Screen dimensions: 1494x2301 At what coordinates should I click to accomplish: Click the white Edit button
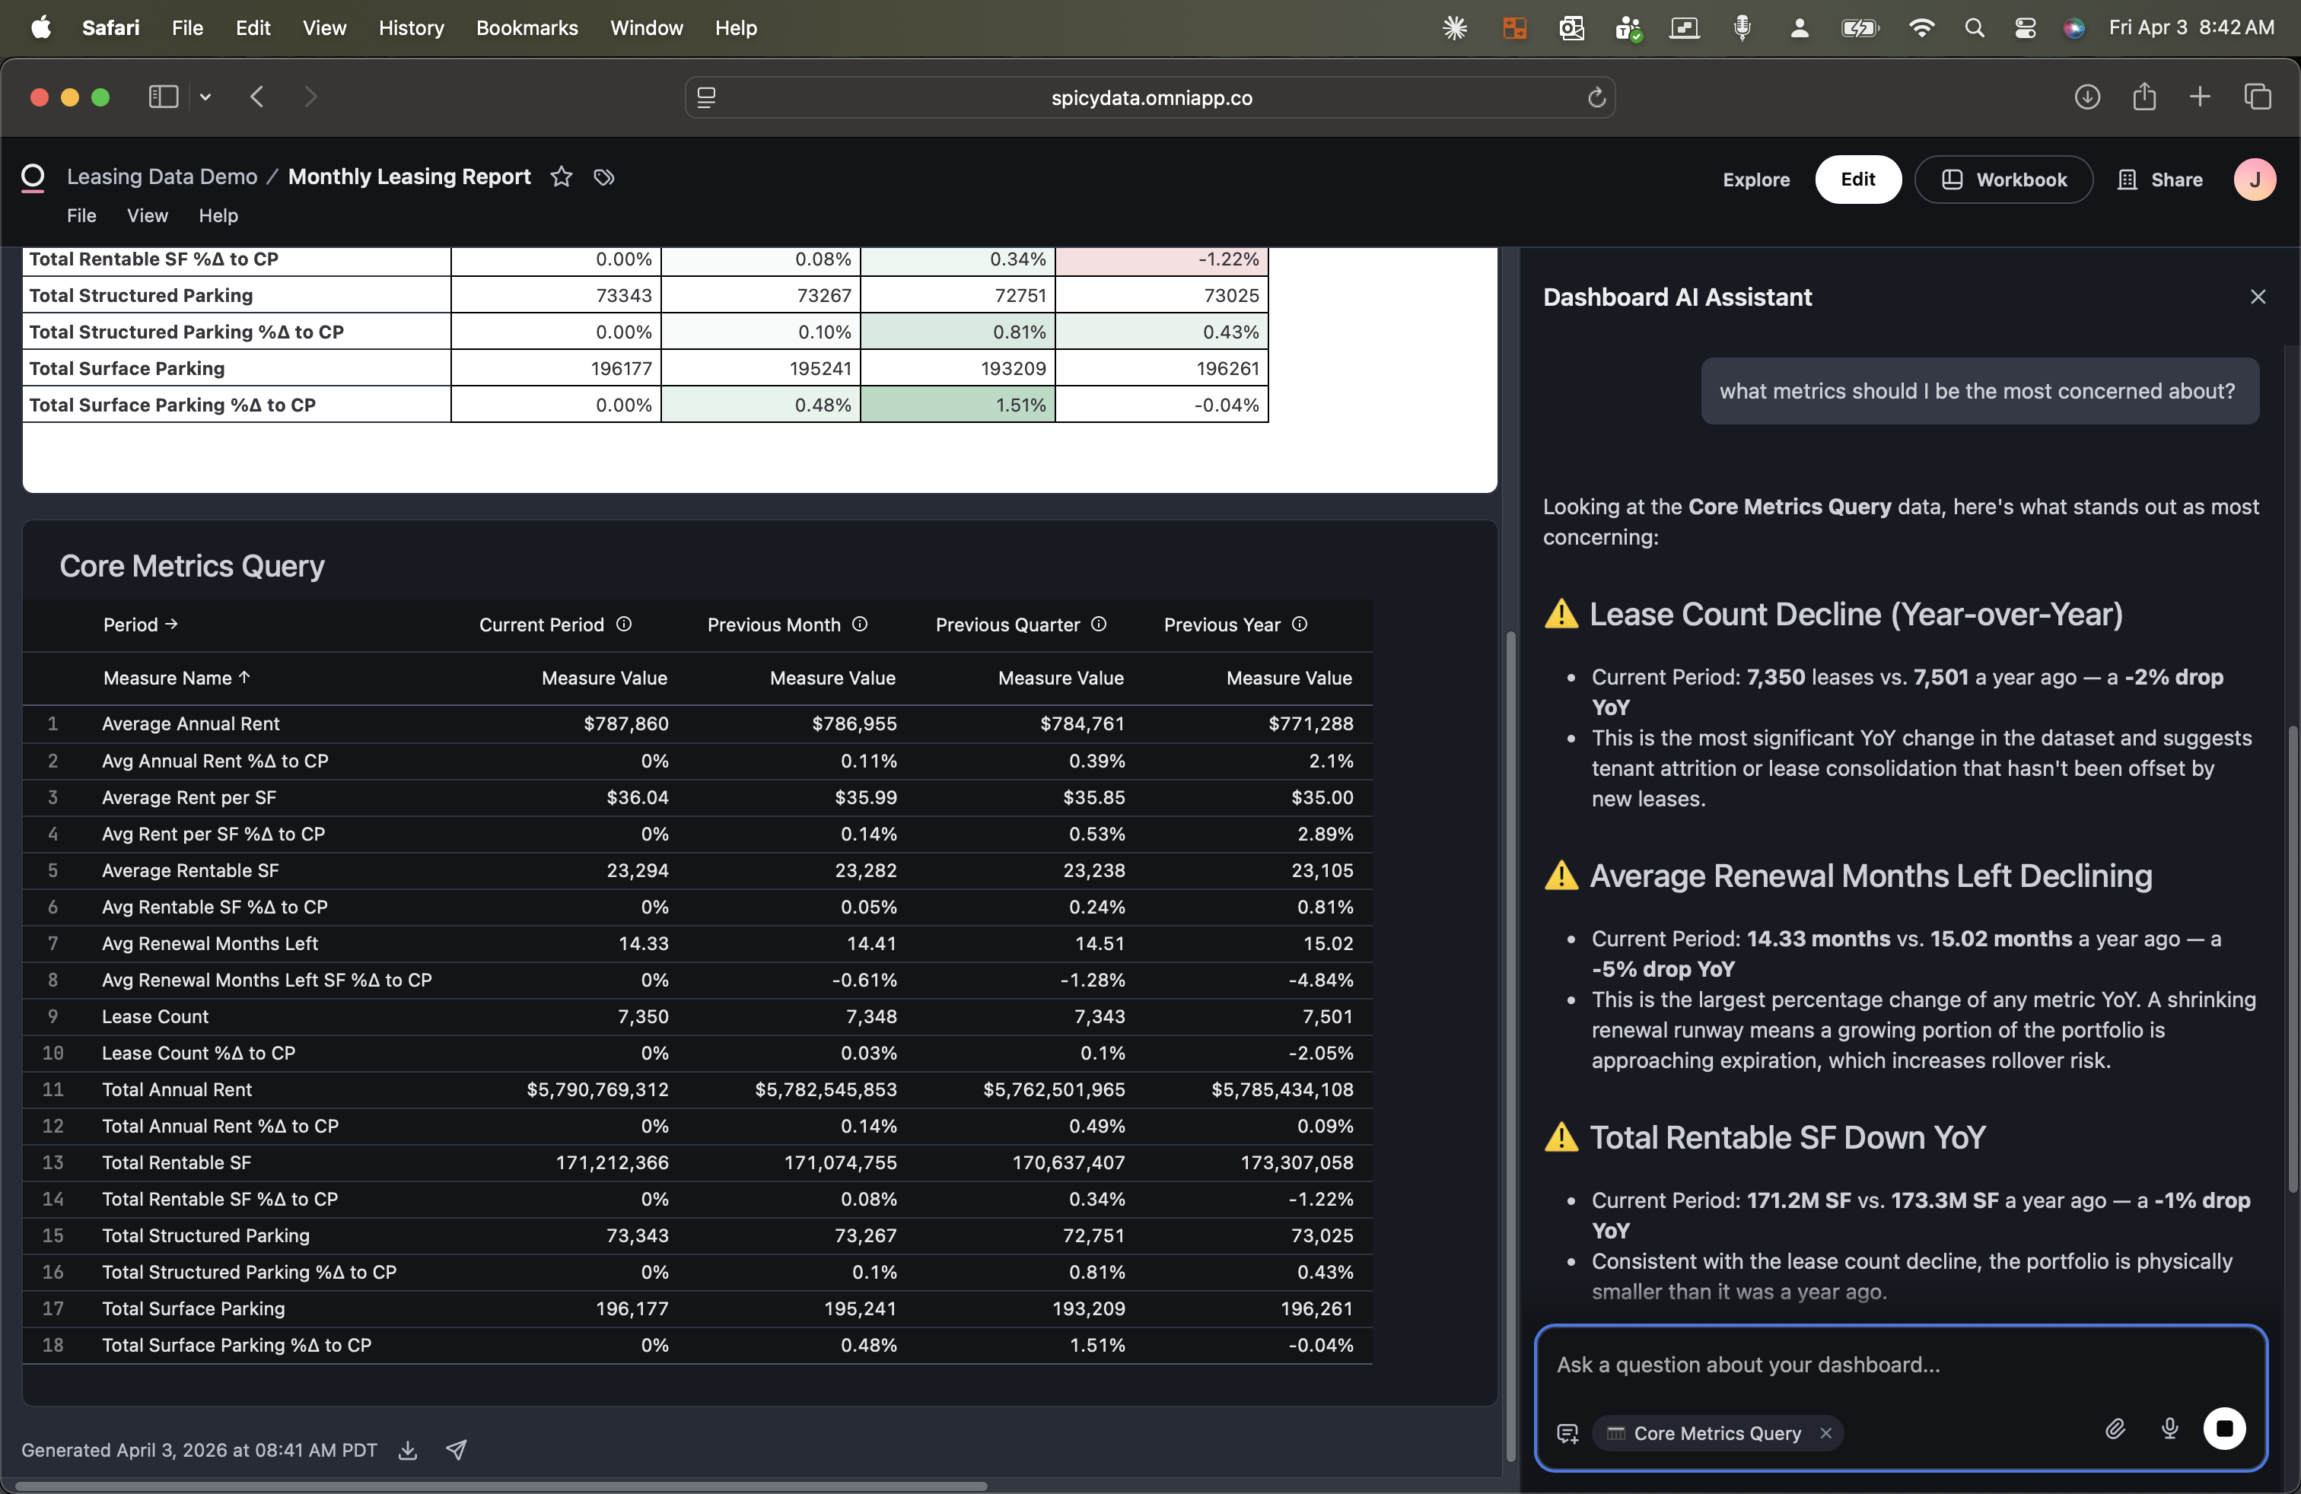point(1857,179)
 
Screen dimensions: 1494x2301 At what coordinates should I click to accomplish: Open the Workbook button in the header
point(2003,180)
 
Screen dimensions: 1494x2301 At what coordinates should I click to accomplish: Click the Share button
point(2161,180)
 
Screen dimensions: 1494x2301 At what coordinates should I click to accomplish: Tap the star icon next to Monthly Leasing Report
point(561,176)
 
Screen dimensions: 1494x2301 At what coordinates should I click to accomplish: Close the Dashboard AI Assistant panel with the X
point(2258,297)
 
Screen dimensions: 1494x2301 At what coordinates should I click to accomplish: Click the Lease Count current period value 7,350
point(643,1016)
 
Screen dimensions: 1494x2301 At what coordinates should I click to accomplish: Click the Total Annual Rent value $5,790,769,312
point(597,1089)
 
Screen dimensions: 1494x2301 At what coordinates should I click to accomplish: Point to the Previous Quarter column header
point(1007,625)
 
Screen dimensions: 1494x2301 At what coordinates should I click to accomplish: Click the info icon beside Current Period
point(624,625)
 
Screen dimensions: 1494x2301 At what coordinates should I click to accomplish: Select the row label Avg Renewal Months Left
point(210,943)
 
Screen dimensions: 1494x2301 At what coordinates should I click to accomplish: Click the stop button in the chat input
point(2223,1429)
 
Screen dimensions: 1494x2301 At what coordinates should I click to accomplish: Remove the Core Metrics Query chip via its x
point(1825,1433)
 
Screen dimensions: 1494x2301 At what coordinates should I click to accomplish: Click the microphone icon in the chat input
point(2169,1429)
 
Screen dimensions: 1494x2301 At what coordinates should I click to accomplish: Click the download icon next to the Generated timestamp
point(408,1450)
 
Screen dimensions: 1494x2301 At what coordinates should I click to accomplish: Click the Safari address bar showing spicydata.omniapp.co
point(1150,97)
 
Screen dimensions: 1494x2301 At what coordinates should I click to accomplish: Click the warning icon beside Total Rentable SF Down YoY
point(1561,1137)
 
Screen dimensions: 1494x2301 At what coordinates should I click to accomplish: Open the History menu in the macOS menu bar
point(411,28)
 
